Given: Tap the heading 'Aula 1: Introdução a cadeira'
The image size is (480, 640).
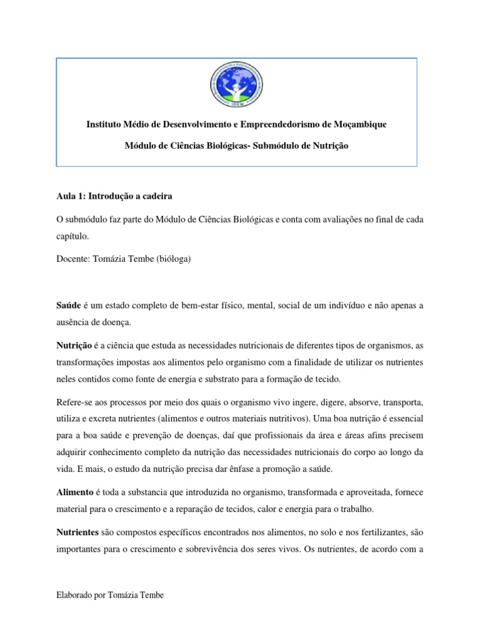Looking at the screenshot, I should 113,196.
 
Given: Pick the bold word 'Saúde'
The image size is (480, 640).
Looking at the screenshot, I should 68,304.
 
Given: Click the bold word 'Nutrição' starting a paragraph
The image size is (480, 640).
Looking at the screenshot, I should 74,346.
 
